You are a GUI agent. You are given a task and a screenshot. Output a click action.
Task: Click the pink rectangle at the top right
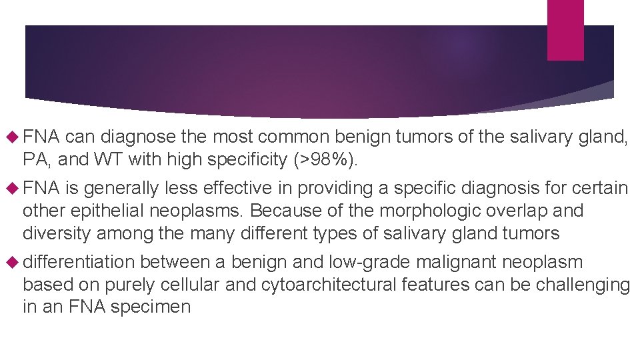565,29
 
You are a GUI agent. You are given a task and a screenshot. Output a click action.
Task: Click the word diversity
57,233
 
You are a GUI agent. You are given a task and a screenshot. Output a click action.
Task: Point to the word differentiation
78,262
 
